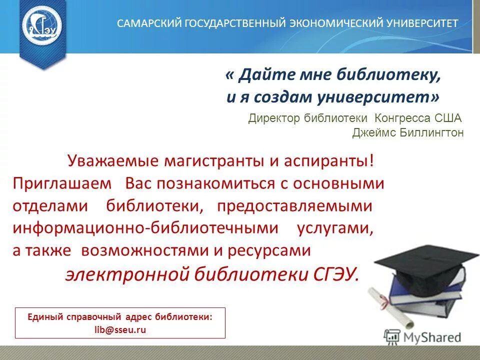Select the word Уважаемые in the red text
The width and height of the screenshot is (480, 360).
point(111,161)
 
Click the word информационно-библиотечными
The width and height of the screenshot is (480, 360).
point(145,228)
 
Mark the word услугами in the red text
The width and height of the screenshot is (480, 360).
point(335,228)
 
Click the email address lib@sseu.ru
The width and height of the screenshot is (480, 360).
point(120,330)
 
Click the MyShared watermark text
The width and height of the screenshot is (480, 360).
point(430,336)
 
